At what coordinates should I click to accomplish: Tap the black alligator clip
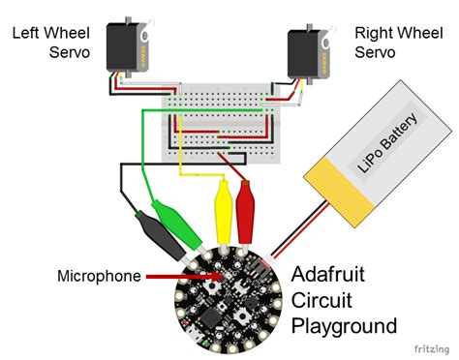161,233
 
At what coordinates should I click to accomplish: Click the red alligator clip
244,209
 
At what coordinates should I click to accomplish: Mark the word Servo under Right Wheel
376,51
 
